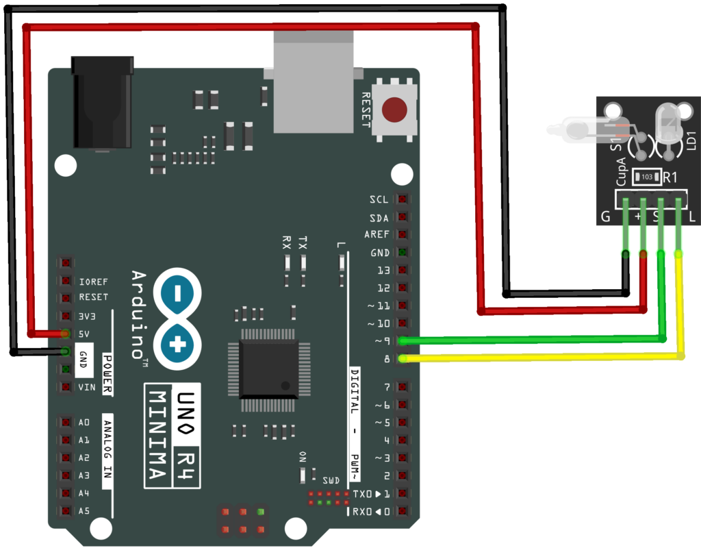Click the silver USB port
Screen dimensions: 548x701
click(313, 82)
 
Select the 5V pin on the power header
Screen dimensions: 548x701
click(66, 334)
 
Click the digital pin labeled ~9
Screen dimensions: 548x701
click(403, 340)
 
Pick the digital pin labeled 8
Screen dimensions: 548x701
click(403, 358)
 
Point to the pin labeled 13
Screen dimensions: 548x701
click(403, 270)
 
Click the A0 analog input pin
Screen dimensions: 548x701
click(66, 423)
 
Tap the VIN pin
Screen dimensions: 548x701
click(66, 387)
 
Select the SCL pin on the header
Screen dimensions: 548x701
click(403, 200)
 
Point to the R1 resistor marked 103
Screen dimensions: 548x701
click(647, 177)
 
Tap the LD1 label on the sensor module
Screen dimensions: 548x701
click(691, 140)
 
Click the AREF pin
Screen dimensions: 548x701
click(403, 235)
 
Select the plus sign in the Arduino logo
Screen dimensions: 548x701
click(177, 345)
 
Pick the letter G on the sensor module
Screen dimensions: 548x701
click(605, 217)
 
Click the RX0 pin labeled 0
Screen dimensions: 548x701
click(403, 511)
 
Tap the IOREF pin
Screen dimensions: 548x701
click(66, 281)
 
